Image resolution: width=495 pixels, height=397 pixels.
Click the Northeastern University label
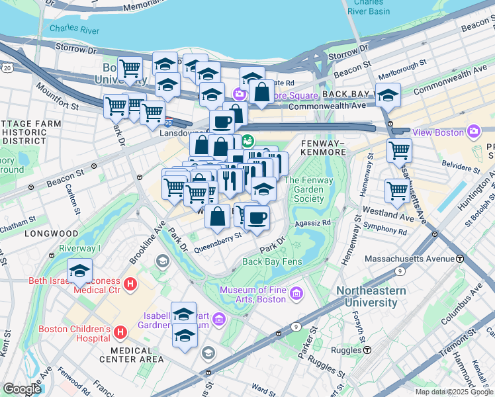tap(376, 297)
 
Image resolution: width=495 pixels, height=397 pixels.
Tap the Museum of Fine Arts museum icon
tap(295, 293)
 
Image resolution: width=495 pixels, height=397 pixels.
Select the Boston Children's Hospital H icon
tap(120, 332)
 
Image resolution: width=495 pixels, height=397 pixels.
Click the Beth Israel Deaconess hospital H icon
tap(130, 285)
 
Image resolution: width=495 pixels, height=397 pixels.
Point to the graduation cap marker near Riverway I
tap(79, 271)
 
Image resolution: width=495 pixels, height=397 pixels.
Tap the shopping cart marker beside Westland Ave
tap(397, 191)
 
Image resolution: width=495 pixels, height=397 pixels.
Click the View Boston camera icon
tap(472, 132)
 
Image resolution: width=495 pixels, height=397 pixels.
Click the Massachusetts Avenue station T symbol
tap(460, 258)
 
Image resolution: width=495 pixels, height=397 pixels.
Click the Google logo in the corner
tap(22, 389)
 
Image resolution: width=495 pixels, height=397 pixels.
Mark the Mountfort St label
tap(58, 97)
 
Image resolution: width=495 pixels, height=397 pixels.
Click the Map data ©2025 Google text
tap(453, 392)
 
